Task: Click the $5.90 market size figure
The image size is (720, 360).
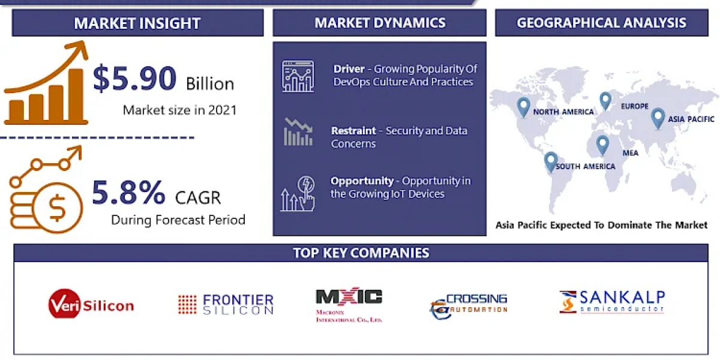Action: tap(134, 78)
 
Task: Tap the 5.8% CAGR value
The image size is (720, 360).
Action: tap(128, 193)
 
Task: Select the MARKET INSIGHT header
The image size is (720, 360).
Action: tap(137, 23)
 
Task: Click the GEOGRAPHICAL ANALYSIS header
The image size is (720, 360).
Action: tap(601, 23)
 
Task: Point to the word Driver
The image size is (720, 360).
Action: tap(349, 69)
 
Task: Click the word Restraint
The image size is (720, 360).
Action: tap(353, 131)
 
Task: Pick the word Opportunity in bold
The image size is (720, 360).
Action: tap(362, 181)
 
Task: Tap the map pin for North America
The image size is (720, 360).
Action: tap(523, 107)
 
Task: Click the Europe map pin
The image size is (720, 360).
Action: tap(605, 101)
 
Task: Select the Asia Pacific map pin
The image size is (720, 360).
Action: tap(658, 118)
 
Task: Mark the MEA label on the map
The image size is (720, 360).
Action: tap(631, 153)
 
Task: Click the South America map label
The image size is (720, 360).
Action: tap(586, 167)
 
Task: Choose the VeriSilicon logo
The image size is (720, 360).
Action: tap(91, 304)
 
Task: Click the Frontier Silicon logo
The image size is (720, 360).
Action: tap(226, 304)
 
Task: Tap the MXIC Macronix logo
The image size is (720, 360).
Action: tap(349, 304)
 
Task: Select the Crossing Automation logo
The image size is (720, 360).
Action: tap(469, 306)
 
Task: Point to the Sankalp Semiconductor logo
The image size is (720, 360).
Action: tap(612, 302)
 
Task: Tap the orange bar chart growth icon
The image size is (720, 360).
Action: tap(46, 82)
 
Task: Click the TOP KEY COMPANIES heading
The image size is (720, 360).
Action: tap(361, 253)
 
